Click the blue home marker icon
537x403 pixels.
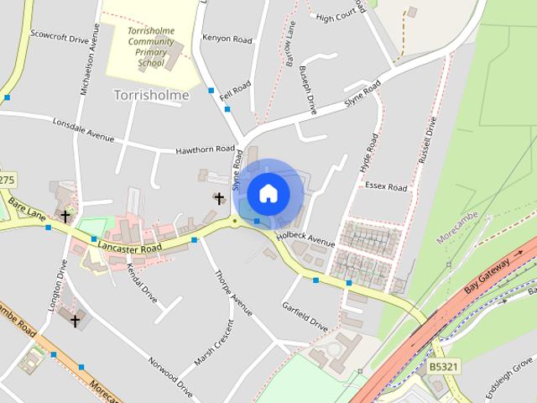268,193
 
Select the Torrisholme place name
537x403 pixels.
151,95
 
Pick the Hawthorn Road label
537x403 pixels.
205,149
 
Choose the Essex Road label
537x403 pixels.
386,187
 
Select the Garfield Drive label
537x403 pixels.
305,313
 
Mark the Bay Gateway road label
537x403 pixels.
488,275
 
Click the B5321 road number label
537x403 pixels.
444,367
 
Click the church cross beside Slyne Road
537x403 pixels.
220,199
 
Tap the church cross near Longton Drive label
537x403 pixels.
75,320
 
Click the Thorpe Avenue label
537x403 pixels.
234,293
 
